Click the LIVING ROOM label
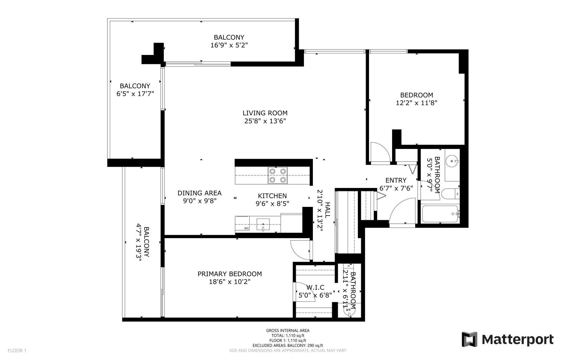(x=265, y=113)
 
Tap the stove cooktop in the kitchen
(x=277, y=175)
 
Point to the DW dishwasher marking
(x=246, y=228)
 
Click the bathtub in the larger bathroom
(x=440, y=214)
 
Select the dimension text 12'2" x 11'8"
(x=416, y=103)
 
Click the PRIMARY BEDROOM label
(x=229, y=274)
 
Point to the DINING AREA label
(x=199, y=193)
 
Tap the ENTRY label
(x=396, y=180)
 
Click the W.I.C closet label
(x=315, y=288)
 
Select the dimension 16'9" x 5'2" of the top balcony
(x=229, y=45)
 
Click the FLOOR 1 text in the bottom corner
(x=17, y=350)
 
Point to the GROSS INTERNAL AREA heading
(x=288, y=331)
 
